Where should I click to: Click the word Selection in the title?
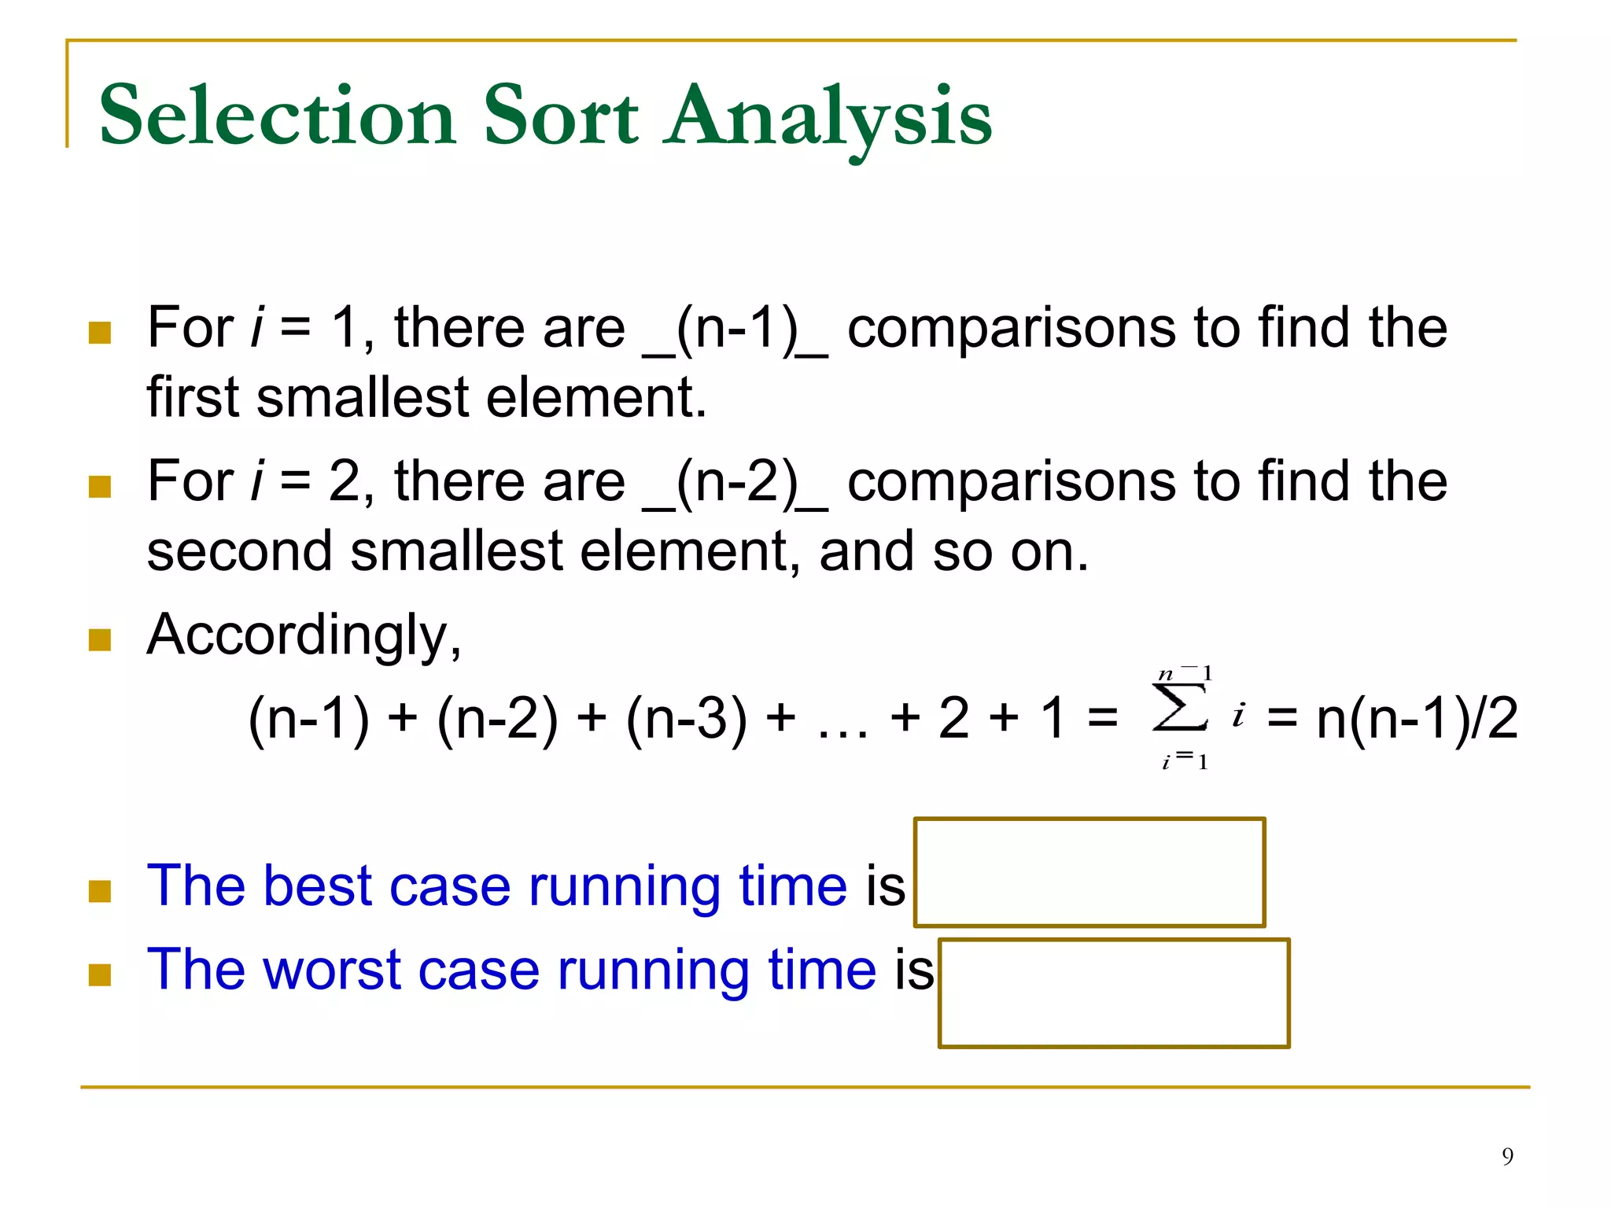pos(277,116)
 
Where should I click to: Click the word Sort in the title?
pos(560,116)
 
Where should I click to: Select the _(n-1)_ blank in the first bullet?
pos(735,329)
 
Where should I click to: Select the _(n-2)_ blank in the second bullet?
pos(735,482)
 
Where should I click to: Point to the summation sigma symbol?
pos(1179,708)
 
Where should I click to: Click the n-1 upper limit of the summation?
pos(1185,674)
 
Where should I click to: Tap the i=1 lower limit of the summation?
pos(1185,761)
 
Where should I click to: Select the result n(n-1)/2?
pos(1416,718)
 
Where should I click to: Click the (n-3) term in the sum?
pos(686,718)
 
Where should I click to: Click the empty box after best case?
pos(1089,872)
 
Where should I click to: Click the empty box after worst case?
pos(1114,993)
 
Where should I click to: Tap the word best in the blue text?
pos(315,886)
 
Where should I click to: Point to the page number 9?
pos(1507,1156)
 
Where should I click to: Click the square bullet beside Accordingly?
pos(100,640)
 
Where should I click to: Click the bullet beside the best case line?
pos(100,891)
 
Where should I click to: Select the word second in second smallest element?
pos(239,552)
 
